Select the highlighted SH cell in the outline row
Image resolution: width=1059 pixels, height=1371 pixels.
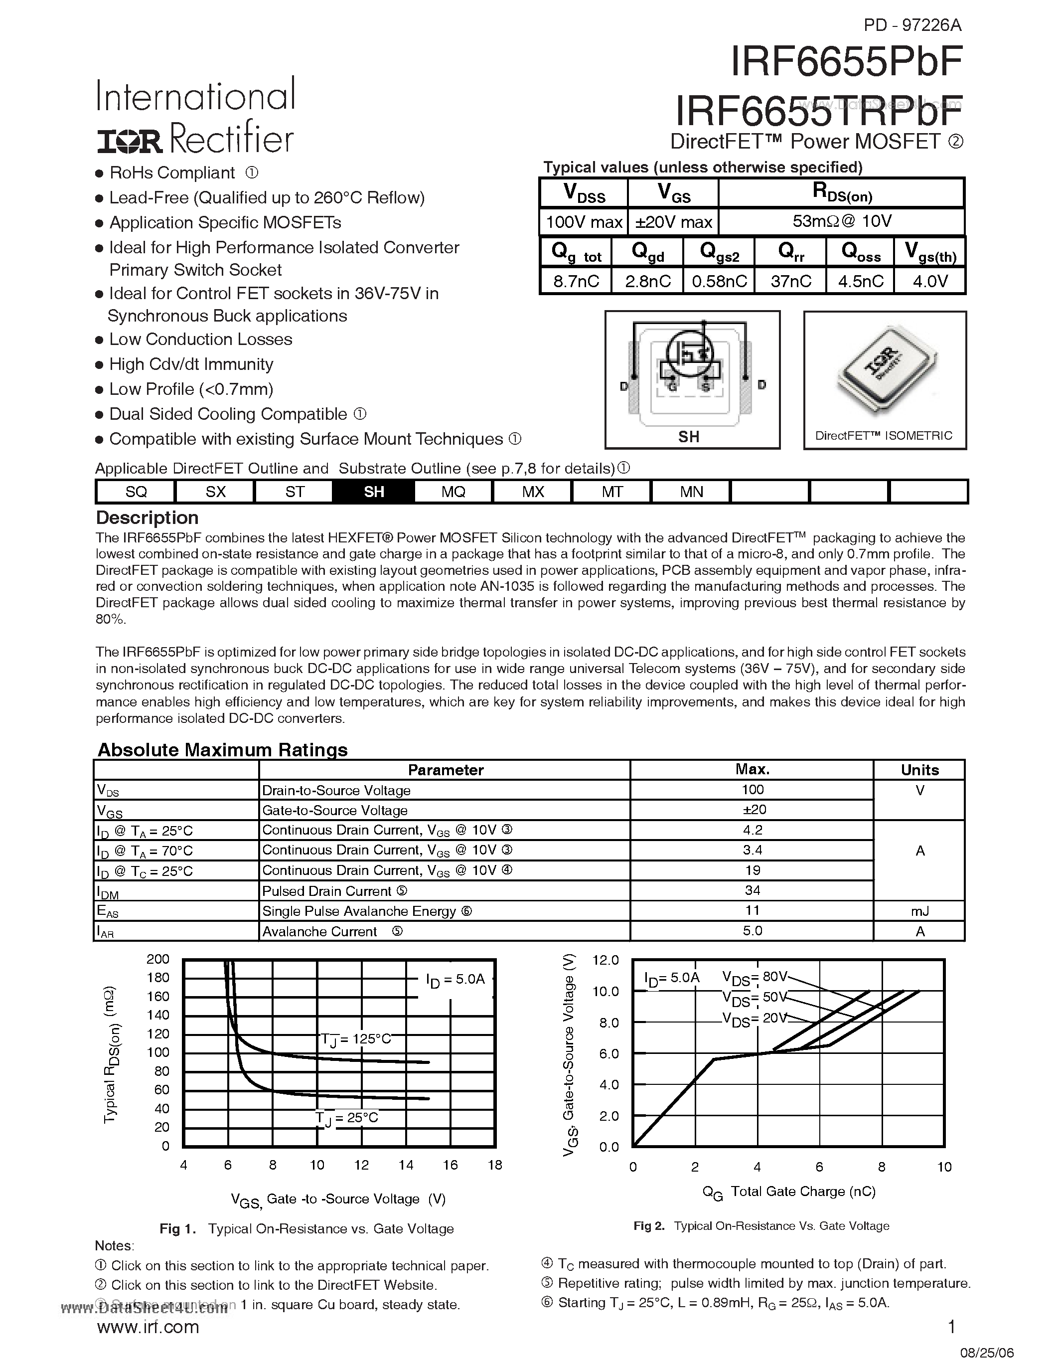click(373, 492)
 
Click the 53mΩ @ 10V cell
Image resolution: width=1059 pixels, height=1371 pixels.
click(841, 221)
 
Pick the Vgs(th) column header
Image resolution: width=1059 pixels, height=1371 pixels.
click(930, 253)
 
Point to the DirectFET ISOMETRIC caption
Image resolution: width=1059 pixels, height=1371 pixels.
click(884, 436)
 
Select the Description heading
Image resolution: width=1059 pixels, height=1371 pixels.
click(147, 518)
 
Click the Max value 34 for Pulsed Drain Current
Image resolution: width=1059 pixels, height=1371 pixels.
click(752, 890)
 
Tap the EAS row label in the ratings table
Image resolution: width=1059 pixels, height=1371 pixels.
click(105, 911)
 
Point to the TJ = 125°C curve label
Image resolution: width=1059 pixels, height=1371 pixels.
click(356, 1039)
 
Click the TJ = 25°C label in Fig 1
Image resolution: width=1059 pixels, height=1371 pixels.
click(346, 1118)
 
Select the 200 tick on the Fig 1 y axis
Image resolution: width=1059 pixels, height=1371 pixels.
click(158, 959)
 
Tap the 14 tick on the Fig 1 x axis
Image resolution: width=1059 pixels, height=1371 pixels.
click(406, 1165)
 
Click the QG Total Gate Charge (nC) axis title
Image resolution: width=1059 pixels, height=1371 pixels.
click(788, 1192)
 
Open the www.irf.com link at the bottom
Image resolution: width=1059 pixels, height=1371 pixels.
click(148, 1327)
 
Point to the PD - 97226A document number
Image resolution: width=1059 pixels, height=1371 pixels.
click(912, 25)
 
